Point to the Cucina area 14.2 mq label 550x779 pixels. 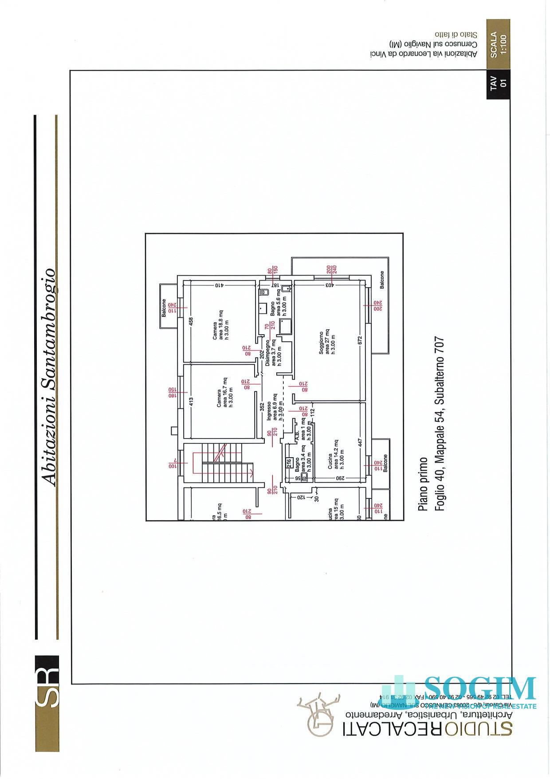pos(331,454)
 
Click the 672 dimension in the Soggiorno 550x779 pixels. pos(360,340)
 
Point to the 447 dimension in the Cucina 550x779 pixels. pos(360,443)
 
